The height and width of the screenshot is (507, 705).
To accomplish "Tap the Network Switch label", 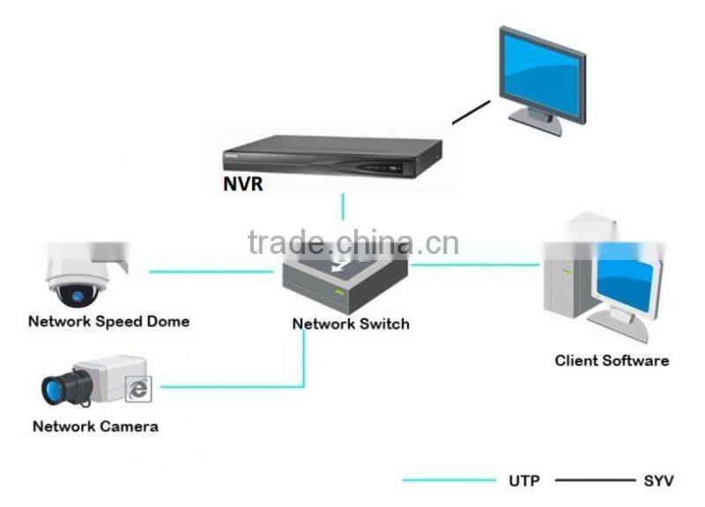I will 351,324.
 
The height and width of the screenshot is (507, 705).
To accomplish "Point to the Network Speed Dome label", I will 108,321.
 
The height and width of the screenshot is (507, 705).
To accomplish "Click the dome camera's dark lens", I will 76,294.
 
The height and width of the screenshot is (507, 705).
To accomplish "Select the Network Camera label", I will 95,427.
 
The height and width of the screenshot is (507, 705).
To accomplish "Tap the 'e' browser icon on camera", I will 138,389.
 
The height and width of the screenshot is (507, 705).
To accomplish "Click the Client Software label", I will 612,360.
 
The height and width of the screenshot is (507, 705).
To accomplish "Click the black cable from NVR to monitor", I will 471,113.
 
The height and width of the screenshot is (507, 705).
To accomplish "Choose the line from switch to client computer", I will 476,264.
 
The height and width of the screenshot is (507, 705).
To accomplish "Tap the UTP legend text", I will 523,481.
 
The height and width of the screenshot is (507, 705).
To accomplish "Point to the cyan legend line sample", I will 449,481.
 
